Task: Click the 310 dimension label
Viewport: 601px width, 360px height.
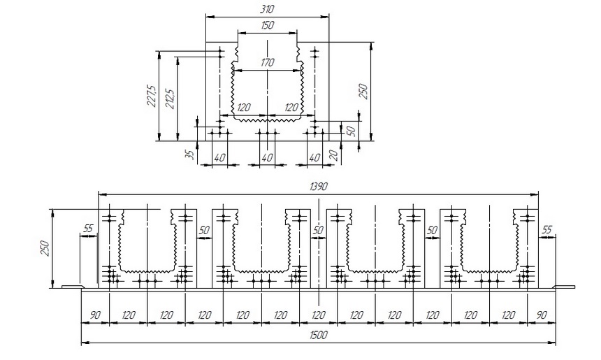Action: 267,9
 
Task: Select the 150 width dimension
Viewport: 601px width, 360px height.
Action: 267,25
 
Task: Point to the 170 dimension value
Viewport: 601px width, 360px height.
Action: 267,62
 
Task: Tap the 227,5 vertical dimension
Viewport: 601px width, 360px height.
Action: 152,96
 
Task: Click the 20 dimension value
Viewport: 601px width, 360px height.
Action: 333,155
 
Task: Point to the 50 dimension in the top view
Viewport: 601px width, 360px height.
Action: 351,130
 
